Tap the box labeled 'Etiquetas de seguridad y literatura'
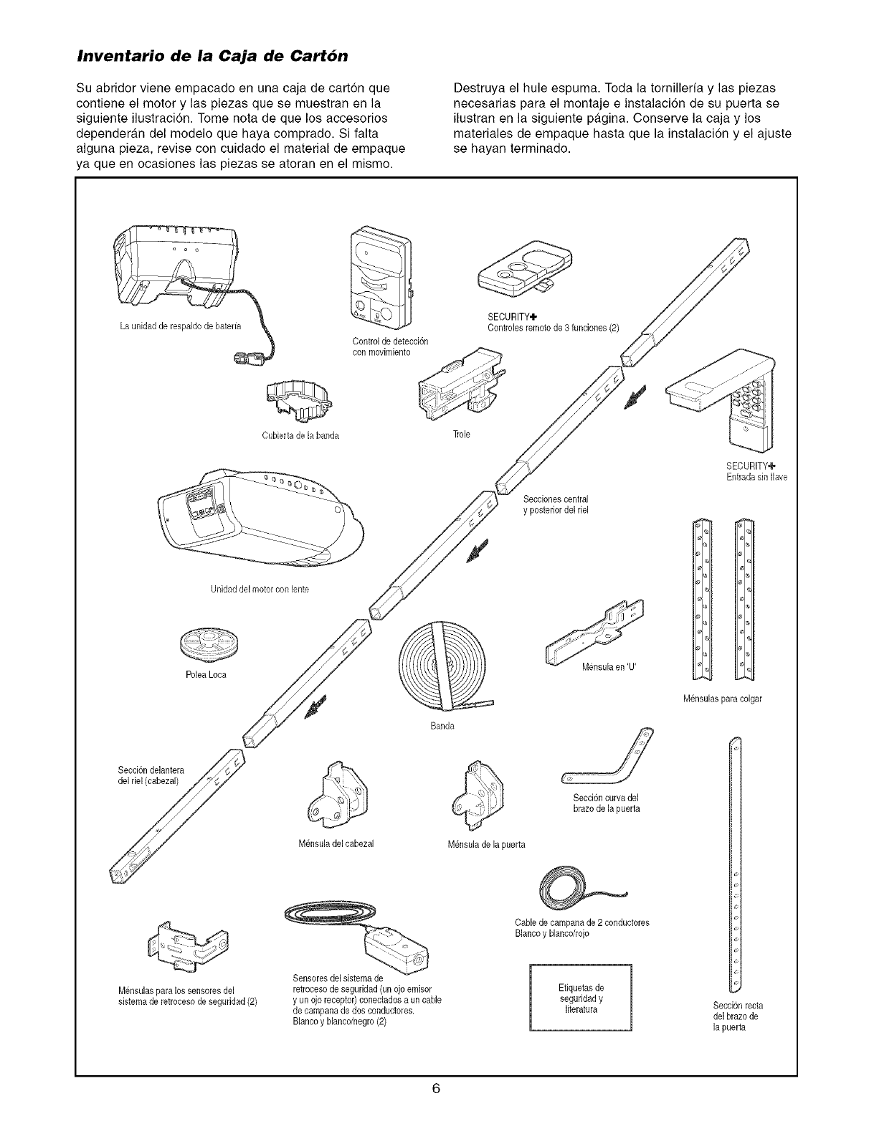click(579, 999)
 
